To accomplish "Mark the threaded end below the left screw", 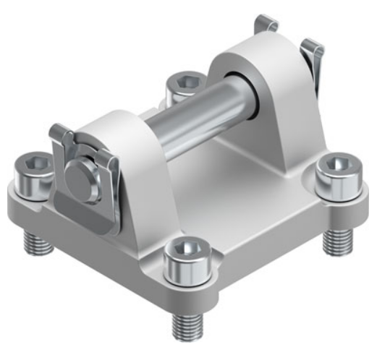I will click(37, 241).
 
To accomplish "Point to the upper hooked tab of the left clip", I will click(59, 132).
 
